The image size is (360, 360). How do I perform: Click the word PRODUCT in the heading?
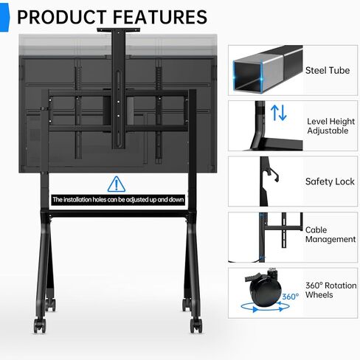(x=61, y=17)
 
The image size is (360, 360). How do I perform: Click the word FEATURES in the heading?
(x=160, y=17)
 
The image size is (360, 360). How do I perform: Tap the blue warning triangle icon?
(x=117, y=184)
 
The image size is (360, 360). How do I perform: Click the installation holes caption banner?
(x=118, y=199)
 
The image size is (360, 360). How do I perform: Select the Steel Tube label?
(x=328, y=71)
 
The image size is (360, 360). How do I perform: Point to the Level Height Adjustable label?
(x=331, y=126)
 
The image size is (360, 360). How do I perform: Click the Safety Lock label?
(x=330, y=181)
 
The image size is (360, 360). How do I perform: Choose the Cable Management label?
(x=330, y=235)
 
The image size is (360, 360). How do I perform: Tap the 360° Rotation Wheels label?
(x=331, y=290)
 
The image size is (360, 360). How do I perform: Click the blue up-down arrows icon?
(x=279, y=112)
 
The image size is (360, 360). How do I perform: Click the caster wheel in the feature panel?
(x=264, y=289)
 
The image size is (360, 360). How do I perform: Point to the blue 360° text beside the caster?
(x=291, y=297)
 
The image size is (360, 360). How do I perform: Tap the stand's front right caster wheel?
(x=196, y=325)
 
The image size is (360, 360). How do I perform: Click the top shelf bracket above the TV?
(x=118, y=30)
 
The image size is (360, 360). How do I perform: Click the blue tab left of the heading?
(x=4, y=18)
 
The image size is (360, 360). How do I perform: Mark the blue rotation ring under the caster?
(x=265, y=307)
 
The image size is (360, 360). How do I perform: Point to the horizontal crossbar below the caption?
(x=118, y=214)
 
